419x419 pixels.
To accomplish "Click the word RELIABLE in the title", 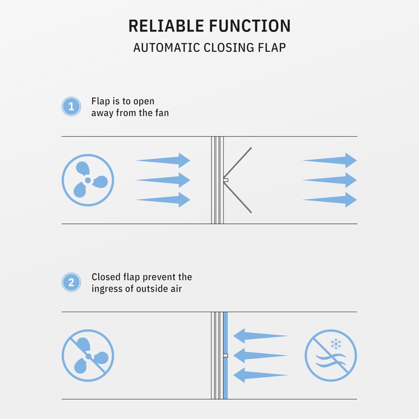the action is click(166, 26).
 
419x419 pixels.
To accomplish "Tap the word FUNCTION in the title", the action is click(250, 26).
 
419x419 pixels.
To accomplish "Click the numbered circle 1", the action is click(71, 106).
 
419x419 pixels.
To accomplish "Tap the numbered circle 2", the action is click(71, 282).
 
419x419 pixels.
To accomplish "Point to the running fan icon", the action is click(88, 180).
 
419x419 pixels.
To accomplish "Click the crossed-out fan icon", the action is click(88, 356).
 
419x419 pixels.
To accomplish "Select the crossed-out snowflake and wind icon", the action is click(331, 356).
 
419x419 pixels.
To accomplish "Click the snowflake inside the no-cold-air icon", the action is click(336, 344).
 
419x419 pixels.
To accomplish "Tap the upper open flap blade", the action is click(238, 162).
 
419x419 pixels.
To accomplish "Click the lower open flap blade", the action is click(238, 198).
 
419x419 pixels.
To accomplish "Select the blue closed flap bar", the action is click(226, 356).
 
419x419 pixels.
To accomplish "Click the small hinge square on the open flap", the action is click(226, 180).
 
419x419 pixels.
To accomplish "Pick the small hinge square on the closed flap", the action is click(226, 356).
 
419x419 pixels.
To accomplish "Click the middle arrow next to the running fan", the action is click(163, 180).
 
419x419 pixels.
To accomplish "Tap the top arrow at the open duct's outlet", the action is click(330, 160).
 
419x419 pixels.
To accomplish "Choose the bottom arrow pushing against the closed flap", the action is click(260, 375).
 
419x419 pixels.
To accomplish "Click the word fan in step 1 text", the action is click(162, 113).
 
